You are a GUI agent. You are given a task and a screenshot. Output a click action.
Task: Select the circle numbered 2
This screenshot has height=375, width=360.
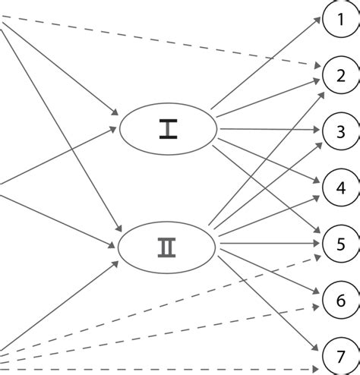coord(339,74)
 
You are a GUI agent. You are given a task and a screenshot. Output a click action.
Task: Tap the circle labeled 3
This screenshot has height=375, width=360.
coord(339,131)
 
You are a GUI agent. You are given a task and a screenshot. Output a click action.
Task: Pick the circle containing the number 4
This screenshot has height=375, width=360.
coord(339,187)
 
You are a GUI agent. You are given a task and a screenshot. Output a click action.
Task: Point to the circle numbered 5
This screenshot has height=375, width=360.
coord(339,244)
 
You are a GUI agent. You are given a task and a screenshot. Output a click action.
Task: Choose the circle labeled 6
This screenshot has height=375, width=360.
coord(339,301)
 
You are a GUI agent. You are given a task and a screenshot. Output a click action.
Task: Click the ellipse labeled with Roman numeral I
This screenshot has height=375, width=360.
coord(168,129)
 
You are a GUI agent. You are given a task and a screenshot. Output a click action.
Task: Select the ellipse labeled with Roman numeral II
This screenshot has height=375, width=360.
coord(168,246)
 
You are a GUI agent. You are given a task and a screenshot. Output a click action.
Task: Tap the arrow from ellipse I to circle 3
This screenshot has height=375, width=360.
coord(266,129)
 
